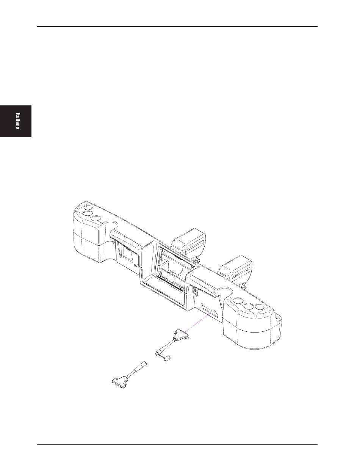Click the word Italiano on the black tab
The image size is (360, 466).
[x=18, y=121]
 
